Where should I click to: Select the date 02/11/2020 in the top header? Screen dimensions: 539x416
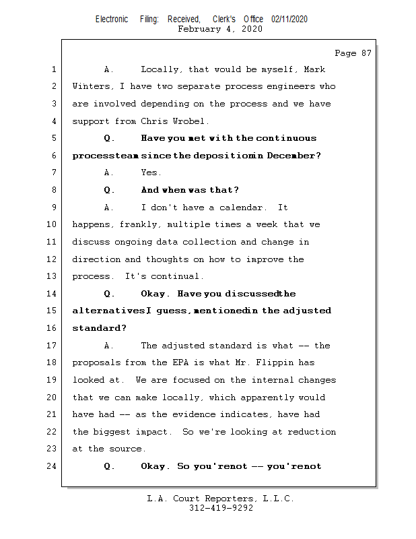[289, 20]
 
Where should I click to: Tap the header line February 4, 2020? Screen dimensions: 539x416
[220, 29]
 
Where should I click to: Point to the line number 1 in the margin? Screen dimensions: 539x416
[54, 69]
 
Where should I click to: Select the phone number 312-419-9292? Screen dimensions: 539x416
[221, 509]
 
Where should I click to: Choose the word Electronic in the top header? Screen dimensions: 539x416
[112, 20]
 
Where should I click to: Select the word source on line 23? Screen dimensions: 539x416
[125, 449]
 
